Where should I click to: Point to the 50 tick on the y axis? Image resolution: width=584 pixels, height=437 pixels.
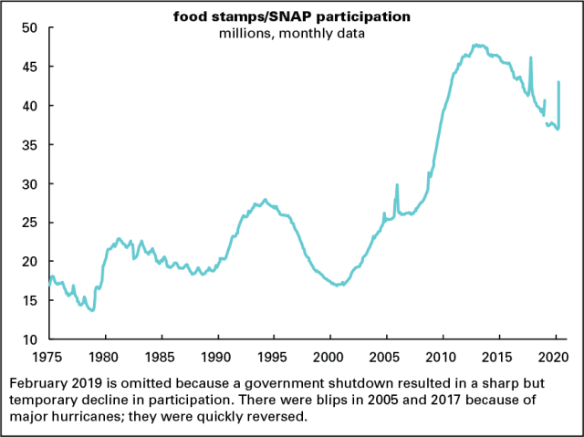tap(29, 28)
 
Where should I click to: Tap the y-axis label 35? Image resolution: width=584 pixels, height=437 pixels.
tap(29, 145)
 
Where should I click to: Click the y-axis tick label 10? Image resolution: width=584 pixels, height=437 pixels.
tap(29, 339)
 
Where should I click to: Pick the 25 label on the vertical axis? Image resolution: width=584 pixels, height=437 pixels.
tap(29, 223)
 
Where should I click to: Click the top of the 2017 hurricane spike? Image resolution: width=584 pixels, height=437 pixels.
tap(531, 57)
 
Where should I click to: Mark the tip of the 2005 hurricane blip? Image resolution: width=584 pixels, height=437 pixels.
tap(397, 184)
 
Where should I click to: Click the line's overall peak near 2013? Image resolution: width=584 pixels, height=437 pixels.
tap(476, 44)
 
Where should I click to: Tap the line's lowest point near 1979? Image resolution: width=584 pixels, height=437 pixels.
tap(92, 310)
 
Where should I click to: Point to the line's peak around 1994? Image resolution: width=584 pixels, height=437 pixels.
tap(265, 200)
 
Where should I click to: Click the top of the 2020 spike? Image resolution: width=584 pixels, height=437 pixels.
tap(558, 82)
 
